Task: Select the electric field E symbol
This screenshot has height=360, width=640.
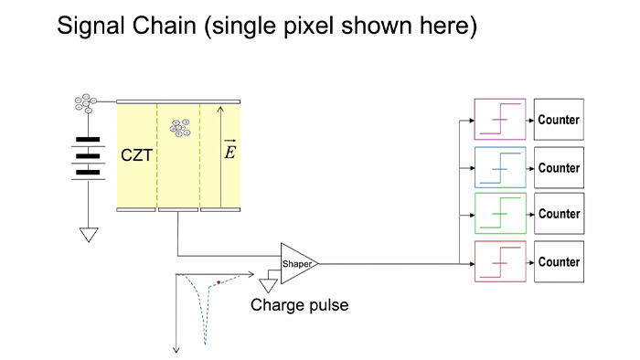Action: coord(229,151)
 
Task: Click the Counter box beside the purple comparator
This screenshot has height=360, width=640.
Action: coord(559,120)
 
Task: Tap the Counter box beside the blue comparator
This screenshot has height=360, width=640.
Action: coord(559,167)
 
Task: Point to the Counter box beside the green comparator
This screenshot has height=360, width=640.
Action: coord(559,214)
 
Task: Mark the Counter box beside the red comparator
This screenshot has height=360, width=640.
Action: coord(559,261)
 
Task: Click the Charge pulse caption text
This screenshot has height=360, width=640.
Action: coord(299,305)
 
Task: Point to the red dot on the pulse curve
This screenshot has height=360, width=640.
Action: coord(219,282)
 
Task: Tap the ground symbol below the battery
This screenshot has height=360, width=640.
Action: coord(89,234)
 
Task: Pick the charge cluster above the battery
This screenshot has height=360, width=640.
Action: coord(87,105)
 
